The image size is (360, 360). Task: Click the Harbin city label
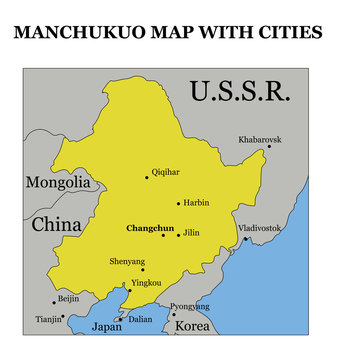coord(197,203)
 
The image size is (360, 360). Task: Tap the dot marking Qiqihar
coord(147,178)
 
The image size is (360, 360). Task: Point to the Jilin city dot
coord(179,235)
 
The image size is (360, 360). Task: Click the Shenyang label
coord(126,262)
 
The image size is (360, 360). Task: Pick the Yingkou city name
coord(146,283)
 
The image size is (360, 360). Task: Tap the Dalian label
coord(141,320)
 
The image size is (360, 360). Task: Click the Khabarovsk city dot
coord(269,147)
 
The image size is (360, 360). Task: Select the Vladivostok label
coord(261,228)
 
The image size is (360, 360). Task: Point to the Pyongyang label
coord(190,306)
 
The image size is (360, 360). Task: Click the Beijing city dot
coord(55,302)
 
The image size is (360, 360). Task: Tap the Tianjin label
coord(48,320)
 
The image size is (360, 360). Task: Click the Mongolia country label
coord(58,183)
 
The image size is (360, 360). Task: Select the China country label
coord(56,225)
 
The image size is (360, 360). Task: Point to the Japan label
coord(106,327)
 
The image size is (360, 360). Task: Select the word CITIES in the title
coord(288,32)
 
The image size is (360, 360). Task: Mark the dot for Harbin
coord(178,203)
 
